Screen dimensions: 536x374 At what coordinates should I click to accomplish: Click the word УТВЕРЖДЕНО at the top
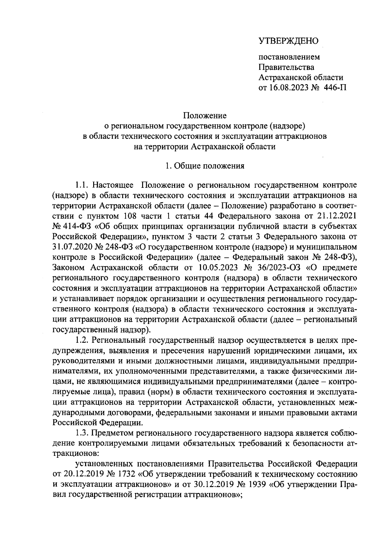pos(288,41)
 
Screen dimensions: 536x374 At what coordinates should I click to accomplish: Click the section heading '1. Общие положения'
pos(205,166)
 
